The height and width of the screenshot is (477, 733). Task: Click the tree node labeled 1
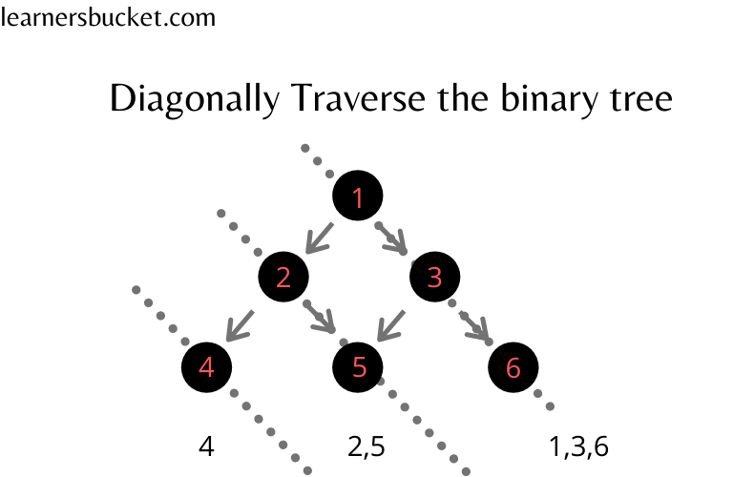(x=358, y=198)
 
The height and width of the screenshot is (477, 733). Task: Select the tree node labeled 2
(x=283, y=278)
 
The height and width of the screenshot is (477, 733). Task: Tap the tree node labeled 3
(x=435, y=278)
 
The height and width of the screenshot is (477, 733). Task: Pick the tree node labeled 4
(x=206, y=367)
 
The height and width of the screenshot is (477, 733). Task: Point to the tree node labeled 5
(x=359, y=367)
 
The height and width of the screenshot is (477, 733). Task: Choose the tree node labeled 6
(x=513, y=367)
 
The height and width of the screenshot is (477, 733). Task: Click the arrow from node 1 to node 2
(x=318, y=238)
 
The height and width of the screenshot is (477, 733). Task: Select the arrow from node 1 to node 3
(x=393, y=239)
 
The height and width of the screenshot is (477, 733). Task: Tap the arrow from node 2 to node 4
(x=241, y=324)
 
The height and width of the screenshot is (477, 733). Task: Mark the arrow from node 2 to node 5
(x=322, y=318)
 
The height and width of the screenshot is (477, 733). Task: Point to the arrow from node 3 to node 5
(x=393, y=324)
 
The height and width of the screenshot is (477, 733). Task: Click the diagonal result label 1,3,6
(x=578, y=446)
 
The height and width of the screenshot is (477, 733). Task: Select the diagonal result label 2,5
(x=366, y=446)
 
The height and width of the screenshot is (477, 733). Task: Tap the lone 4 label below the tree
(x=206, y=446)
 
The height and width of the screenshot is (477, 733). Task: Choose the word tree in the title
(x=643, y=98)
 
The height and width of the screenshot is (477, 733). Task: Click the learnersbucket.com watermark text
(x=108, y=17)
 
